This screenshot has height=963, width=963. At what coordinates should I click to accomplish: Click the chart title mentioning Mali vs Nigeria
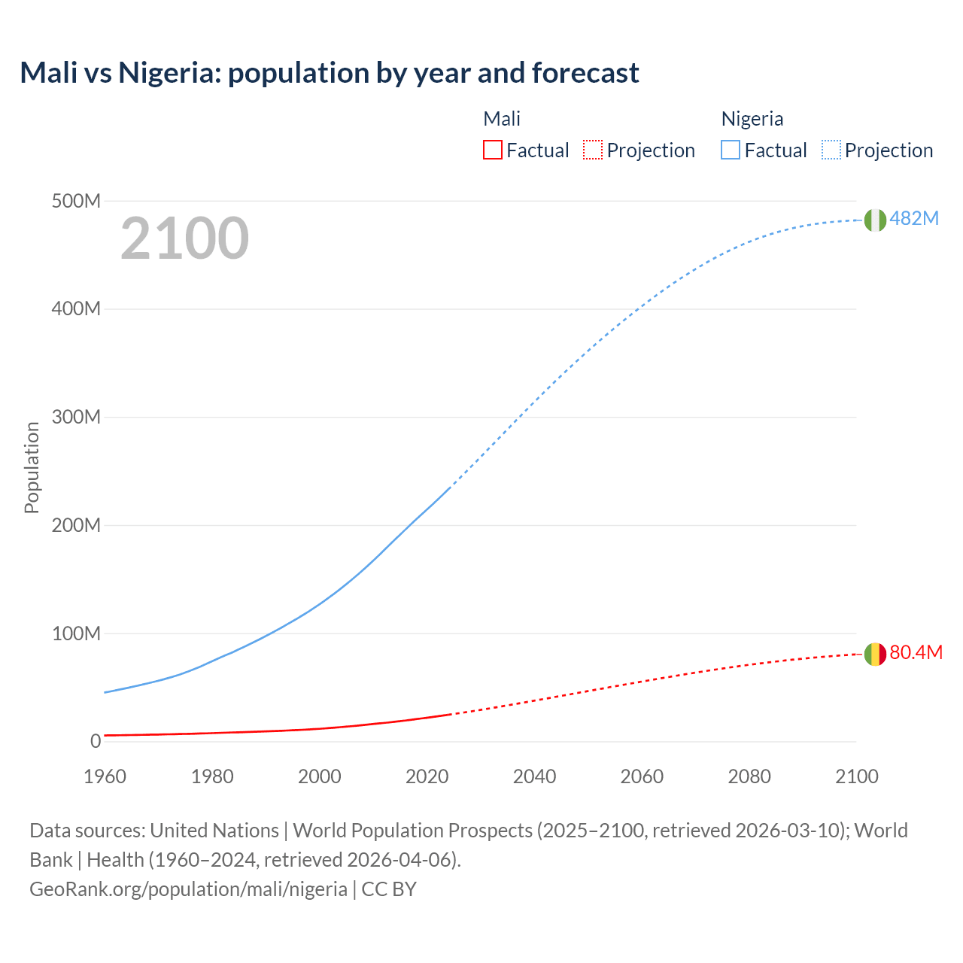(x=330, y=73)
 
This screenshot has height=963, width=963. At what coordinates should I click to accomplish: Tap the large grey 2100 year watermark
(x=184, y=238)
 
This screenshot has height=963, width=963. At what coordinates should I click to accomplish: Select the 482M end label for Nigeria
(x=914, y=218)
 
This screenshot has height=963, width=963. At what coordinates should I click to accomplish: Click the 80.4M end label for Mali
(x=916, y=652)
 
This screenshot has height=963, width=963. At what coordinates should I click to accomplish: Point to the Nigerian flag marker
(x=875, y=220)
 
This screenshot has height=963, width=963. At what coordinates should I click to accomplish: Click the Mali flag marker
(x=875, y=655)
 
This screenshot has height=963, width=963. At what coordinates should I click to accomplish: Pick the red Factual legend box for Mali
(x=493, y=150)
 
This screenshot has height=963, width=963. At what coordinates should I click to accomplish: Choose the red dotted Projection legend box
(x=593, y=150)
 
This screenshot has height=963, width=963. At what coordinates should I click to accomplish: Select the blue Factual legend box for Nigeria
(x=731, y=150)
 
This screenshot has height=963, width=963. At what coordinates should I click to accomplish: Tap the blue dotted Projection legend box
(x=831, y=150)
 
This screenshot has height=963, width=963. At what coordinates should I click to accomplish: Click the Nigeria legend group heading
(x=752, y=119)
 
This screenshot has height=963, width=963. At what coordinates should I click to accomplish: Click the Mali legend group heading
(x=502, y=119)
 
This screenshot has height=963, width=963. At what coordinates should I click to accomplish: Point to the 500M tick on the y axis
(x=76, y=201)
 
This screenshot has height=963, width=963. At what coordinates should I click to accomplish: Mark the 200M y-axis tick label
(x=76, y=525)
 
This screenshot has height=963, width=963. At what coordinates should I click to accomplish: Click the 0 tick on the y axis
(x=96, y=741)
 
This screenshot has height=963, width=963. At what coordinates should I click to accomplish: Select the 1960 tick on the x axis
(x=105, y=776)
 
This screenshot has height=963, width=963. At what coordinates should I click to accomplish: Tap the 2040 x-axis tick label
(x=534, y=776)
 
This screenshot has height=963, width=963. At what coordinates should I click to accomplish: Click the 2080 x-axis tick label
(x=749, y=776)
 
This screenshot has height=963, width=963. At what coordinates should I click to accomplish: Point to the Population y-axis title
(x=32, y=467)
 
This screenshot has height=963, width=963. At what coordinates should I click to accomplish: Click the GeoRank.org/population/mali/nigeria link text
(x=188, y=889)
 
